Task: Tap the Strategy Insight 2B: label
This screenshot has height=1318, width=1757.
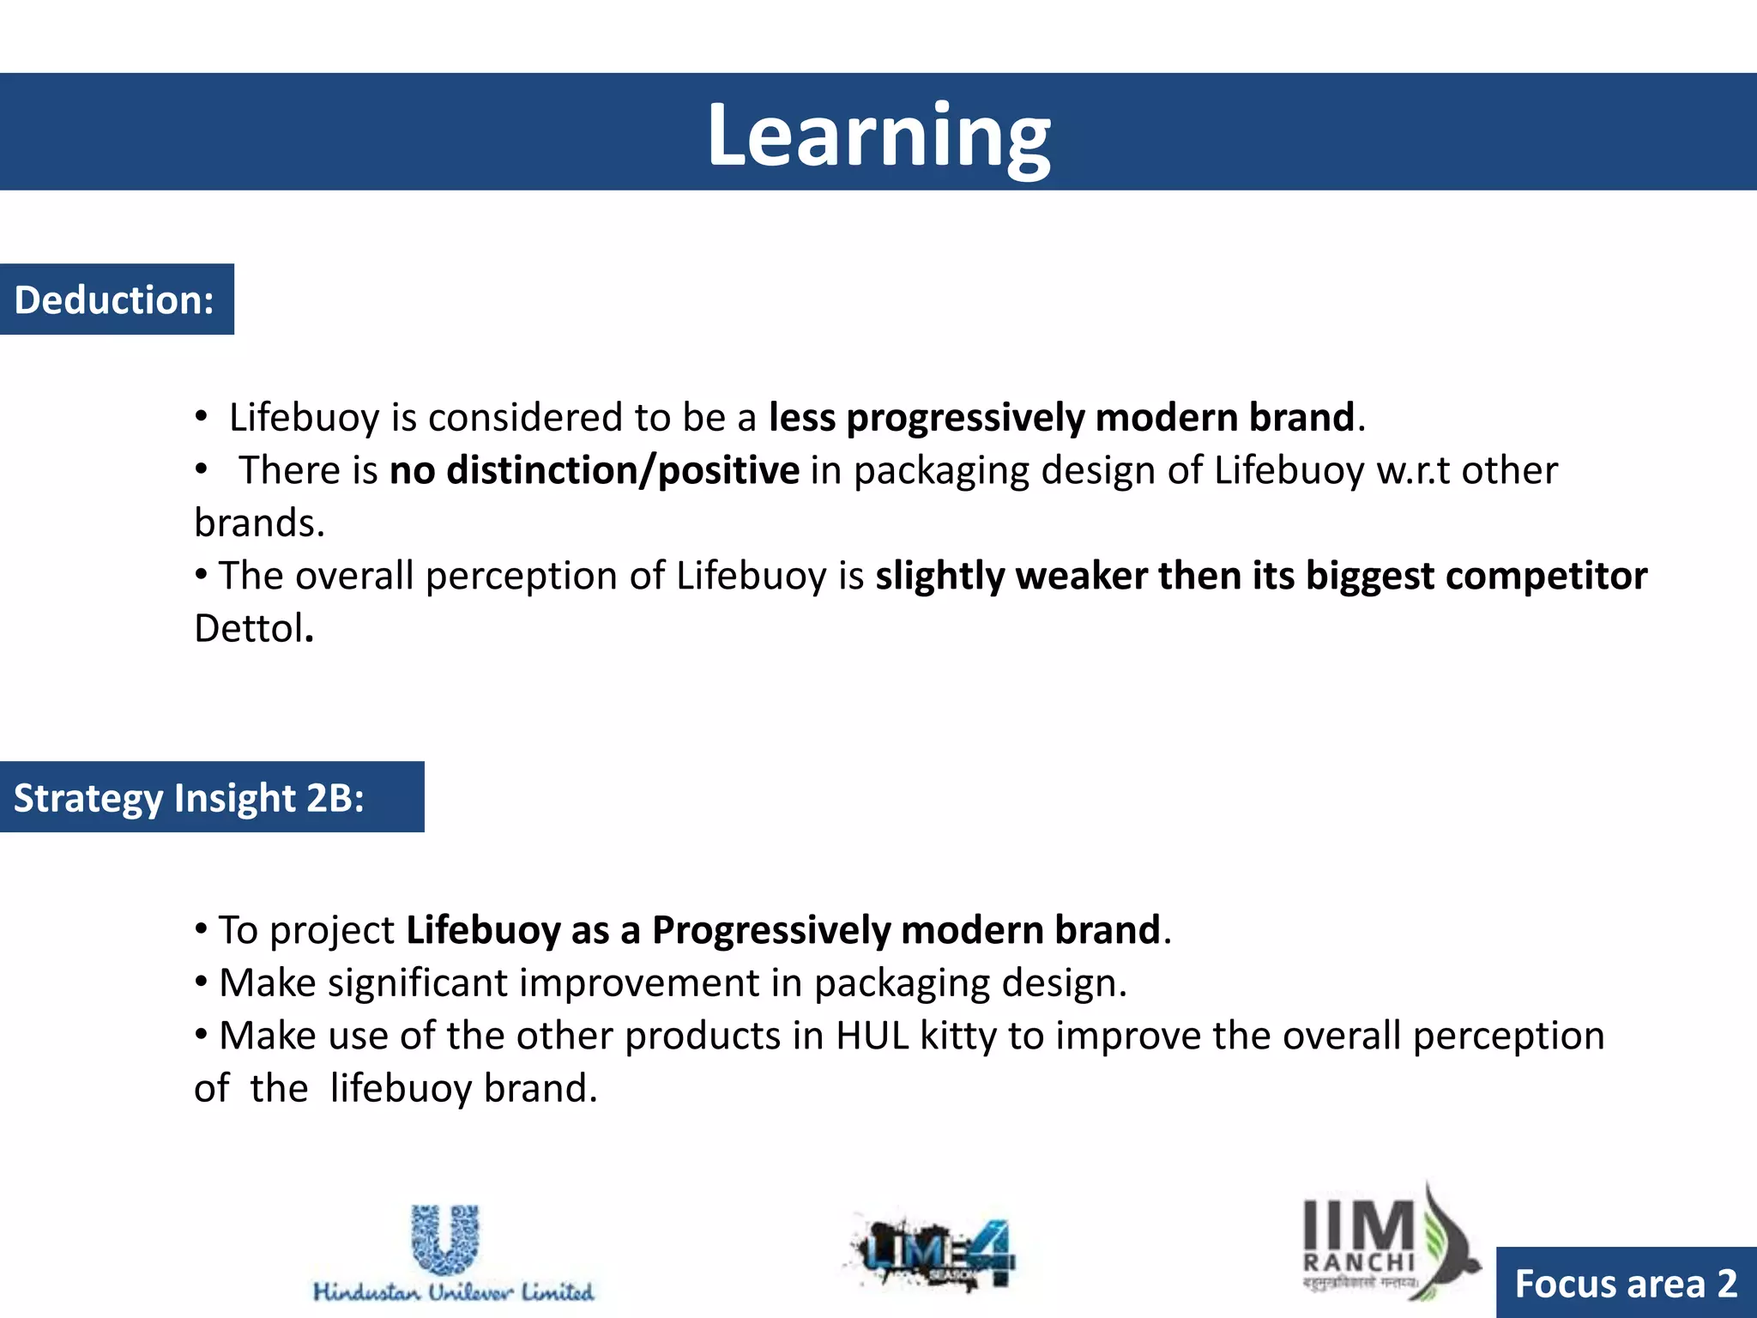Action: point(189,797)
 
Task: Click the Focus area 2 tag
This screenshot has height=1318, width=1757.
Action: point(1626,1284)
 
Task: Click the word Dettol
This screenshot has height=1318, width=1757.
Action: point(249,628)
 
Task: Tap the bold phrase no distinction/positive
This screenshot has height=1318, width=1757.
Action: point(595,470)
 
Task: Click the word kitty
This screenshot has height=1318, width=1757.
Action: point(958,1036)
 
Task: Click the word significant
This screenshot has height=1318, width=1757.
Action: point(418,983)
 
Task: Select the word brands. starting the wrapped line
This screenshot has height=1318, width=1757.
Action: point(259,523)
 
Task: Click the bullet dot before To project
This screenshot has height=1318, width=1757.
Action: point(201,928)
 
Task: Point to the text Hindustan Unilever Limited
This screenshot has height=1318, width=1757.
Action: point(453,1292)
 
